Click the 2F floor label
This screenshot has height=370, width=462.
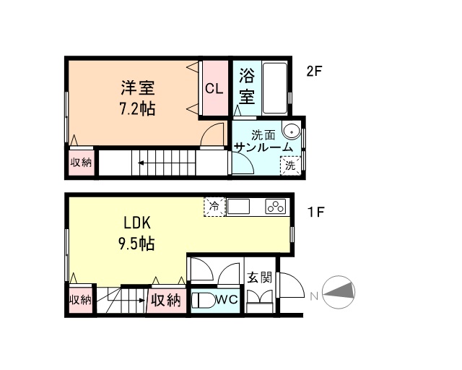(313, 72)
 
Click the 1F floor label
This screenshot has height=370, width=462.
(315, 212)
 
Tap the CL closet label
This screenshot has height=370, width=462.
(214, 89)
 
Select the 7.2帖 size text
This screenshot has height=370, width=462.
(137, 109)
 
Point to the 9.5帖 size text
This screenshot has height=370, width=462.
(136, 244)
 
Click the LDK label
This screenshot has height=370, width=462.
(136, 223)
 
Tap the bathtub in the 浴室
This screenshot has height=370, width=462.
(275, 89)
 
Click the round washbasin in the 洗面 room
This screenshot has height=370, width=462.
(291, 131)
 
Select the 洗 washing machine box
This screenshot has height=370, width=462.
(290, 165)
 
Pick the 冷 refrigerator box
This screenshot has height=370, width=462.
(214, 206)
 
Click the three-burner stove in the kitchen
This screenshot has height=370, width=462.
(276, 206)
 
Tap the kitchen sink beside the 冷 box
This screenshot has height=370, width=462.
(240, 206)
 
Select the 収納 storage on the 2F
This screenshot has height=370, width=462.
(81, 163)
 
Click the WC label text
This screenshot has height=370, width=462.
(226, 299)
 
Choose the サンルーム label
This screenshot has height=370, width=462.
(264, 147)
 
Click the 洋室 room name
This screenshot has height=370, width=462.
(137, 89)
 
